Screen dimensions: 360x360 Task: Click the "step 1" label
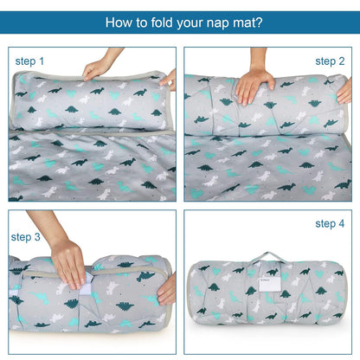coord(29,61)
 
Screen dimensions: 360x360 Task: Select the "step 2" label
coord(330,61)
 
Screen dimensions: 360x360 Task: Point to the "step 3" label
coord(25,237)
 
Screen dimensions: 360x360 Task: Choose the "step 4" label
coord(330,224)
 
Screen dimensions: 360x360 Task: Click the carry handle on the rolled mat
coord(267,256)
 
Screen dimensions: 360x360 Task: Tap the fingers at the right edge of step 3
coord(167,289)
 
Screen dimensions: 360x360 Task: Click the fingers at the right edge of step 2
coord(344,92)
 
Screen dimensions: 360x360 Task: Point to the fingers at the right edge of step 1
coord(169,80)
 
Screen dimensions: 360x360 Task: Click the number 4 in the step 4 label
coord(342,224)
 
